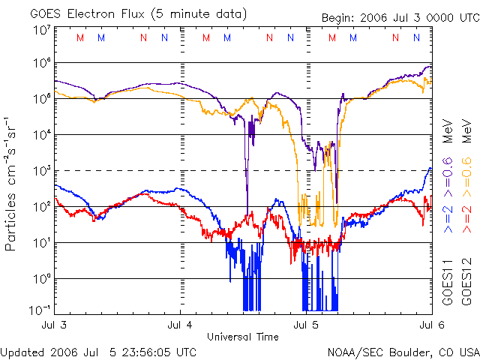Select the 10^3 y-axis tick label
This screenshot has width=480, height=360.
point(41,171)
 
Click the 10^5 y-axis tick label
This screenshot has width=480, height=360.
point(41,99)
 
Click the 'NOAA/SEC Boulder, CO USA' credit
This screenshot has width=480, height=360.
point(403,352)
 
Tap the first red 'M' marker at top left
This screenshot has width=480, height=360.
point(81,37)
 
